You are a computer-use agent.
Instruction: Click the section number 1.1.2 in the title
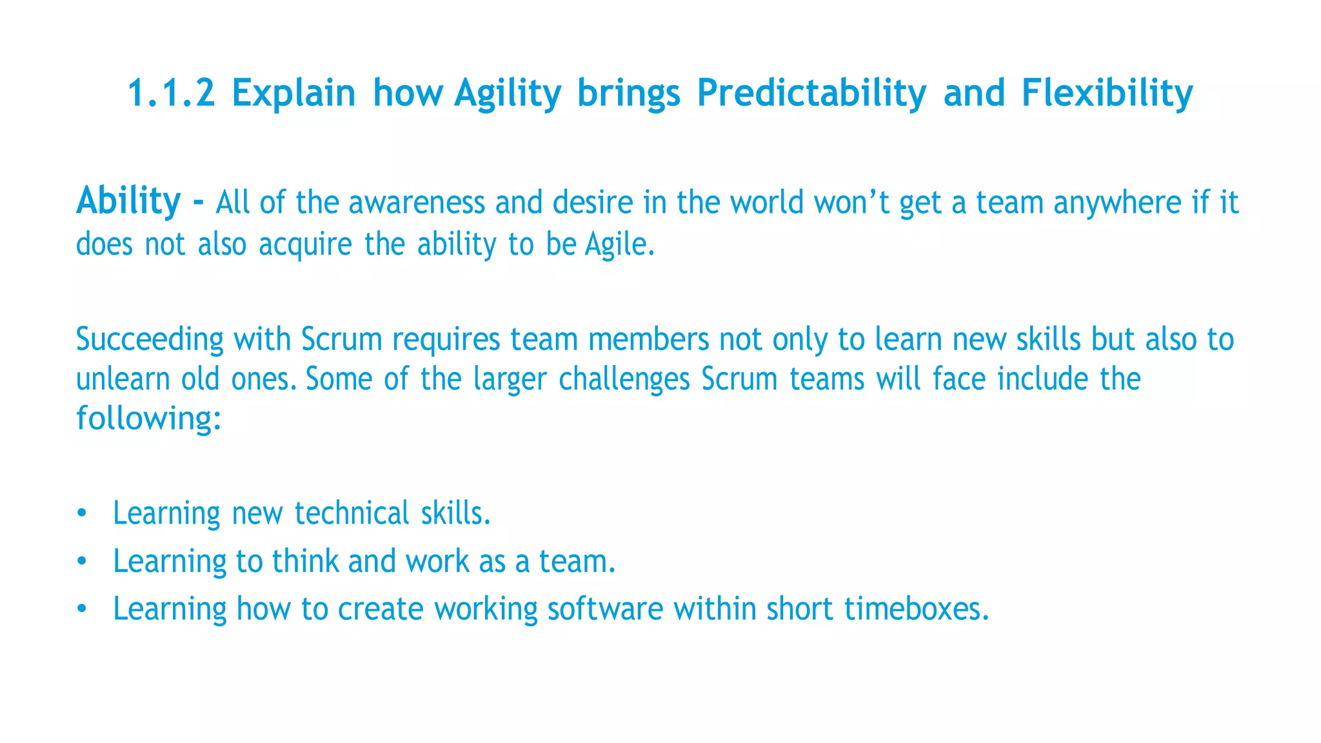[x=171, y=93]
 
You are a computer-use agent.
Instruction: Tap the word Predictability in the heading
[x=811, y=93]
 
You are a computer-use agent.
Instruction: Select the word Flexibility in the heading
[x=1107, y=93]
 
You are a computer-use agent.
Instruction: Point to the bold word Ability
[x=128, y=201]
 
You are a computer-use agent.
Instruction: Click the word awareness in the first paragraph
[x=416, y=203]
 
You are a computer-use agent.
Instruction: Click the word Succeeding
[x=150, y=339]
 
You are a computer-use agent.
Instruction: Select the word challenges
[x=624, y=380]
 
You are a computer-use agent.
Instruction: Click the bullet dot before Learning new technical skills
[x=81, y=514]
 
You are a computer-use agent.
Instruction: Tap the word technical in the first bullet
[x=352, y=513]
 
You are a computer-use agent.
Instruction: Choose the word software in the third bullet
[x=604, y=609]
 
